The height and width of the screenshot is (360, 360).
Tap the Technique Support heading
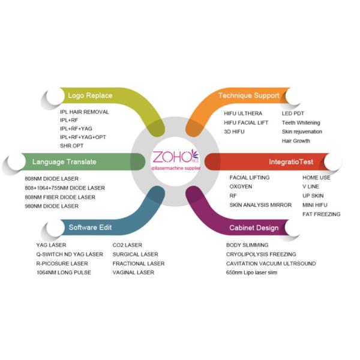[x=248, y=95]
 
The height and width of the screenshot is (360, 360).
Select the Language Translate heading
[x=64, y=161]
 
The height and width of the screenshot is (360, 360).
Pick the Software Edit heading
[x=90, y=227]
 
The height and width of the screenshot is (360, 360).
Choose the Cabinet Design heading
[x=254, y=228]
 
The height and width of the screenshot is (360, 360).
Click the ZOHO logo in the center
[x=175, y=159]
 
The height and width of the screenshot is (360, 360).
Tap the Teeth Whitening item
[x=301, y=122]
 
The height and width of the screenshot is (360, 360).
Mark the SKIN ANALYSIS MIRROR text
[x=260, y=205]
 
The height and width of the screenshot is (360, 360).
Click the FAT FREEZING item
[x=321, y=214]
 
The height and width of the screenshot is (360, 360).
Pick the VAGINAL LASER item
[x=133, y=272]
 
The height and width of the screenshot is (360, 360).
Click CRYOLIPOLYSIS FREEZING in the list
[x=261, y=254]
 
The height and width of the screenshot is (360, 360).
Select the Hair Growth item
[x=296, y=141]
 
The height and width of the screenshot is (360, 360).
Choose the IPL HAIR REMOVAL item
[x=85, y=112]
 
